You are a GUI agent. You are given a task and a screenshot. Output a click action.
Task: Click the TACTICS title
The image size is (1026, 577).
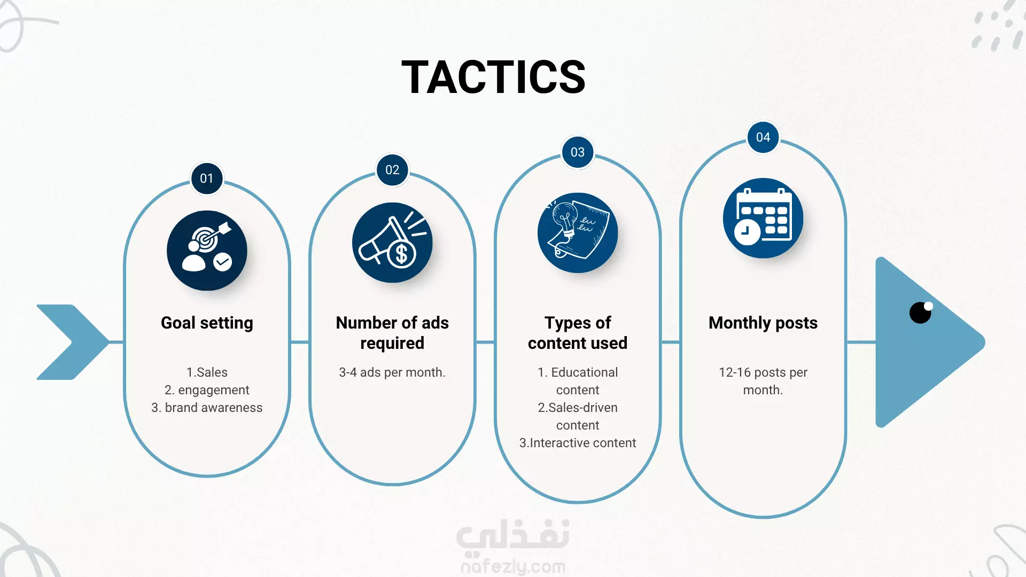(x=493, y=77)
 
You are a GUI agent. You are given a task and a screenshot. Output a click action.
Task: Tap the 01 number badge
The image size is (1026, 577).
(x=207, y=178)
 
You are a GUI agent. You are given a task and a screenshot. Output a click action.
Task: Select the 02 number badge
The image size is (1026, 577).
(x=392, y=170)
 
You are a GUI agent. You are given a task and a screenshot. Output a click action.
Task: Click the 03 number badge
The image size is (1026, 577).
(x=578, y=152)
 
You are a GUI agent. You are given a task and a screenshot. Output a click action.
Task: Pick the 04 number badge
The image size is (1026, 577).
(x=763, y=137)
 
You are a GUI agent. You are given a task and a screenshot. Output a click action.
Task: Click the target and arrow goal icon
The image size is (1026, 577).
(x=207, y=251)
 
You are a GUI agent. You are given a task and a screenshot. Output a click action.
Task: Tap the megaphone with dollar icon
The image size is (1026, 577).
(x=392, y=243)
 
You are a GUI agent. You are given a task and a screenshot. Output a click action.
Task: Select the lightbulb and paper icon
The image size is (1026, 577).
(x=578, y=233)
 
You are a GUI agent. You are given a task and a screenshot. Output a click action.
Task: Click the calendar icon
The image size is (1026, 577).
(x=763, y=218)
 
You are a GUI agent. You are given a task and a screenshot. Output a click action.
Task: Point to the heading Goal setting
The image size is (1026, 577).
(x=207, y=323)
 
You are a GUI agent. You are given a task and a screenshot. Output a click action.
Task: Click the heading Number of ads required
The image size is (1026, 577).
(x=392, y=333)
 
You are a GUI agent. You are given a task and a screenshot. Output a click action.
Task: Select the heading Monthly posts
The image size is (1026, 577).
(x=763, y=323)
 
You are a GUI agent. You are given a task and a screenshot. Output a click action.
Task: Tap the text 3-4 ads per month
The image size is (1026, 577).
(x=392, y=372)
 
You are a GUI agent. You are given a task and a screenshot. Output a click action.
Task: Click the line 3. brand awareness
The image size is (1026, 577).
(x=207, y=408)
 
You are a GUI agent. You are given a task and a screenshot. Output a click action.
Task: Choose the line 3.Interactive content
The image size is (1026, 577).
(x=578, y=443)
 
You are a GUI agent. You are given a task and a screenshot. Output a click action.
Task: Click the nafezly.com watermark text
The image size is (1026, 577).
(x=513, y=566)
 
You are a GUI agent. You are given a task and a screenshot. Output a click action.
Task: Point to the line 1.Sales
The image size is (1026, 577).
(x=207, y=372)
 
